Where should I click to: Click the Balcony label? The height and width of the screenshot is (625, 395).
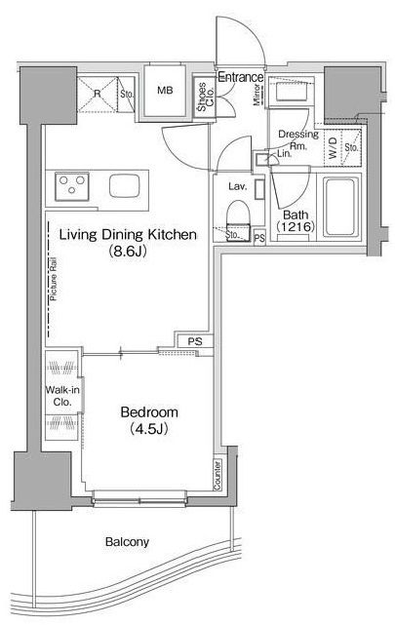point(127,542)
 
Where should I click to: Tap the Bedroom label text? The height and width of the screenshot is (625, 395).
point(149,411)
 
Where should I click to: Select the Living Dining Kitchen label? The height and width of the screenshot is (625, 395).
point(128,234)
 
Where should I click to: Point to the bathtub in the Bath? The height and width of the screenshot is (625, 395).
point(340,207)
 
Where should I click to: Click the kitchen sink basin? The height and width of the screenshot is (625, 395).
point(125,186)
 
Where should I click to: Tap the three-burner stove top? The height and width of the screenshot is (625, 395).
point(72,186)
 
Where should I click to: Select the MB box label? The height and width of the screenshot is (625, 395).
point(165,91)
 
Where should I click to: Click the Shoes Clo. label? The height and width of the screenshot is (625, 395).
point(206,97)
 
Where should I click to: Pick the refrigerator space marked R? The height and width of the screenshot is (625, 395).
point(97,95)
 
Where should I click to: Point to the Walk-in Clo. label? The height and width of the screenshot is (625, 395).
point(62,396)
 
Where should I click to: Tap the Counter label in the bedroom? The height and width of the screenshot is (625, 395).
point(217,474)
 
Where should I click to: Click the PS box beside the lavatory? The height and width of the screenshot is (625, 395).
point(259,238)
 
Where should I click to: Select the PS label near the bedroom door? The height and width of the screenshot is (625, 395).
point(195,341)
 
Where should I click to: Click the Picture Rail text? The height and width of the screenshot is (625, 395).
point(54,279)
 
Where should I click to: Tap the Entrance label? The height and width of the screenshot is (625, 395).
point(241,77)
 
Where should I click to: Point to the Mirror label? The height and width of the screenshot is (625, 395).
point(257,95)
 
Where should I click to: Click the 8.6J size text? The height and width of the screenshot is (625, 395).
point(128,252)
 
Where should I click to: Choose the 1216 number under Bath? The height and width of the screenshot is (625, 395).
point(296,227)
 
